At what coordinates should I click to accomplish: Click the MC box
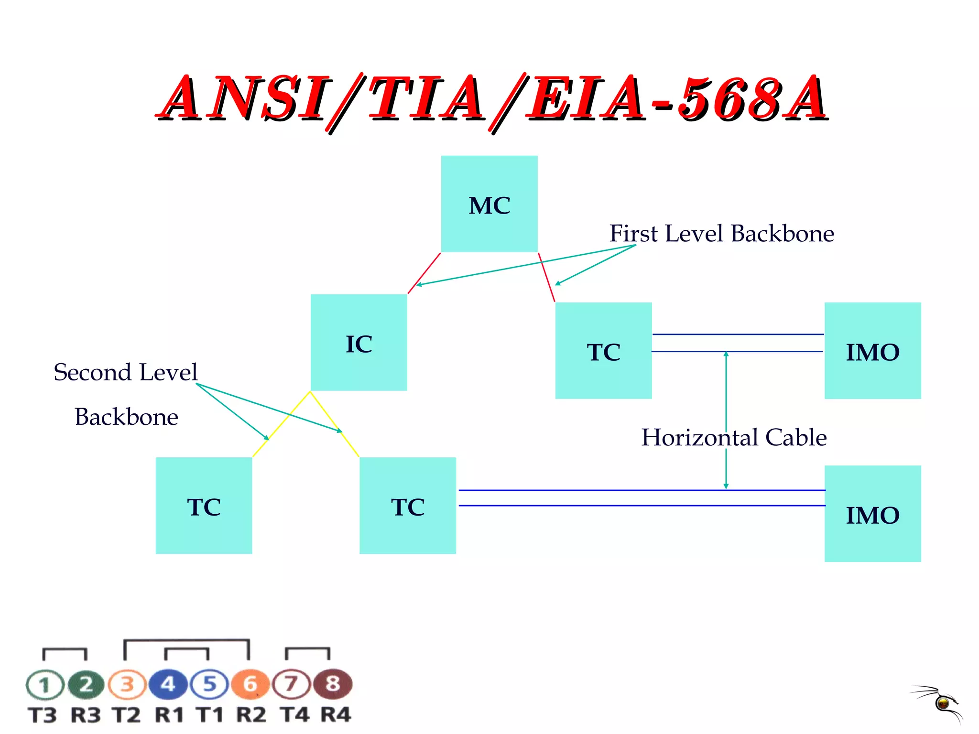point(489,204)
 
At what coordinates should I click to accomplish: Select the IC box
point(359,343)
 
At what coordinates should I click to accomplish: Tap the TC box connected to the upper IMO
point(603,350)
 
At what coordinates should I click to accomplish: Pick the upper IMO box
point(872,350)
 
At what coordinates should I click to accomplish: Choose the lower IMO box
point(872,514)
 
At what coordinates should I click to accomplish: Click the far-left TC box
point(204,506)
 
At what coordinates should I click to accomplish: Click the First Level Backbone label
point(721,234)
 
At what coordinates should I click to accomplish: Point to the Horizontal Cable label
point(734,437)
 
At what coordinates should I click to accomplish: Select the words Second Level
point(125,372)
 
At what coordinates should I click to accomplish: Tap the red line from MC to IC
point(424,273)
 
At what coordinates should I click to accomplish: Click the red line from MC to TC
point(546,277)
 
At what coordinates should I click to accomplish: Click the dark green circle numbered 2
point(86,684)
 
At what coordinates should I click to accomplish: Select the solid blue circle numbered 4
point(168,684)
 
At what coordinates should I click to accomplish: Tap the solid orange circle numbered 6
point(250,684)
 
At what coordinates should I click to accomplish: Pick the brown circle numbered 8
point(333,684)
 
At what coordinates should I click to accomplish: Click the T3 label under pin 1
point(43,715)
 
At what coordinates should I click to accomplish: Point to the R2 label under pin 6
point(251,715)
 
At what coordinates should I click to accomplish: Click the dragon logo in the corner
point(939,702)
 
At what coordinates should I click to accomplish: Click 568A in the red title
point(753,98)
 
